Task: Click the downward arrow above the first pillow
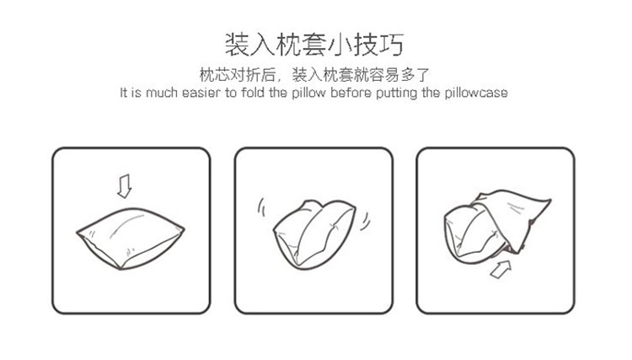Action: [x=125, y=185]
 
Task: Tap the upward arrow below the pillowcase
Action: [x=501, y=269]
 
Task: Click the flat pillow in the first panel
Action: [x=130, y=238]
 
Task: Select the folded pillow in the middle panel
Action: [x=314, y=234]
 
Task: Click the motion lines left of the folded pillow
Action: [x=262, y=207]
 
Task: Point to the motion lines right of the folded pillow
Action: [x=365, y=221]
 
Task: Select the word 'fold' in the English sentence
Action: [x=252, y=92]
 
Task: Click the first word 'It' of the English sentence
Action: [x=124, y=92]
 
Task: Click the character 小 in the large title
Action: [x=340, y=44]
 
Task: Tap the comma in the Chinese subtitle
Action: [x=282, y=79]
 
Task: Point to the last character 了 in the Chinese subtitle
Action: [x=423, y=74]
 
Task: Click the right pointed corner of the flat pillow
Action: [x=185, y=230]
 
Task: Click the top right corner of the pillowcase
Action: [x=550, y=200]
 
